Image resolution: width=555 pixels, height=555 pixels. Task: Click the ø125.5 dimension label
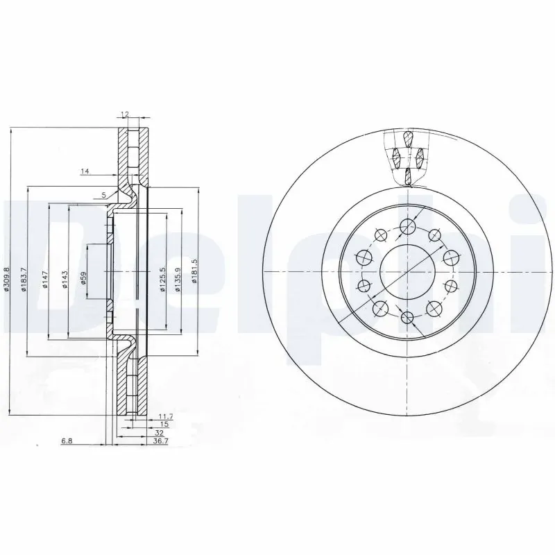[x=162, y=280]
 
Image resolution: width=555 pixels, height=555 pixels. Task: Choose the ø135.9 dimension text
[x=178, y=280]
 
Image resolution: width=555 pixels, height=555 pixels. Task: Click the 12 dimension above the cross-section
[x=126, y=114]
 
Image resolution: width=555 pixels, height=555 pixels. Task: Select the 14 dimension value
[x=85, y=171]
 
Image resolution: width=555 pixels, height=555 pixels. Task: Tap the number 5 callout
[x=103, y=195]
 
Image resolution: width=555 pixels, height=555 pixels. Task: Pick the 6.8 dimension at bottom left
[x=67, y=440]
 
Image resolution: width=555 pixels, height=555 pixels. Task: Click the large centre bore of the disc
[x=407, y=271]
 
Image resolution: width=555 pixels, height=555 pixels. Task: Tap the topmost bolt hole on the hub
[x=407, y=224]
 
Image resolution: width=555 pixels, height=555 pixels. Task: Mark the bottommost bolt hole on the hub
[x=407, y=318]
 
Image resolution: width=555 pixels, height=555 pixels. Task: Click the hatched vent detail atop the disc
[x=407, y=157]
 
